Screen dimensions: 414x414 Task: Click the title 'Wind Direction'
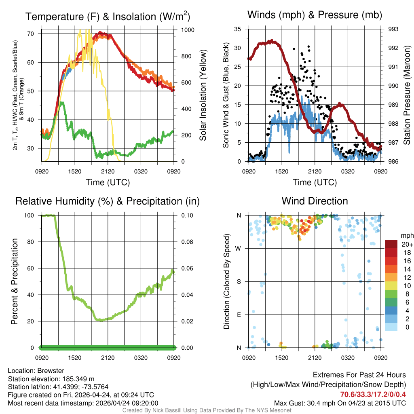click(x=315, y=201)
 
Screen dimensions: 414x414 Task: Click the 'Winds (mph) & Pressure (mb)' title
click(x=315, y=15)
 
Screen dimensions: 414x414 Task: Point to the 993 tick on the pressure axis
click(x=393, y=29)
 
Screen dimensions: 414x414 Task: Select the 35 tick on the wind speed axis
click(x=238, y=29)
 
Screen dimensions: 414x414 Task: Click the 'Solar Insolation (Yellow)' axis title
click(x=203, y=95)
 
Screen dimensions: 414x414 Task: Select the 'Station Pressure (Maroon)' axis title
click(x=407, y=95)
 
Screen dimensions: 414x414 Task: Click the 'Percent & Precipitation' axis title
click(x=15, y=281)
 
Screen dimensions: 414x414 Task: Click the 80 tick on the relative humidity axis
click(x=34, y=242)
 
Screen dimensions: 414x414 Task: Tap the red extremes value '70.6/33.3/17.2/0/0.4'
click(x=373, y=394)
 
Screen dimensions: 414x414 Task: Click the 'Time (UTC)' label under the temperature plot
click(x=108, y=182)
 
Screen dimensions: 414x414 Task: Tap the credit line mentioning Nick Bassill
click(x=207, y=410)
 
